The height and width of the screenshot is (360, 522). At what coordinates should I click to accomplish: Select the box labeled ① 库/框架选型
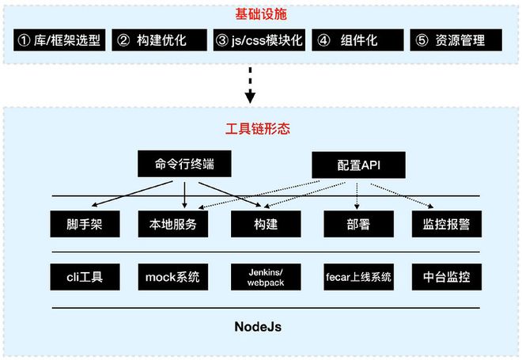coord(60,40)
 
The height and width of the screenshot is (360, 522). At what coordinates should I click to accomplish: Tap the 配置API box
coord(358,165)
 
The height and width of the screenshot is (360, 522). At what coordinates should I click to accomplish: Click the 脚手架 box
coord(81,224)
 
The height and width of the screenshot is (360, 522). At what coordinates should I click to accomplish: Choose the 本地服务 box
coord(172,224)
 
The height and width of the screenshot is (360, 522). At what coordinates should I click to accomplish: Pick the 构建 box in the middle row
coord(265,224)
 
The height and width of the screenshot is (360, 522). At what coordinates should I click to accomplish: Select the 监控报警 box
coord(441,224)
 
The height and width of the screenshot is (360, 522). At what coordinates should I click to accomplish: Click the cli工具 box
coord(81,277)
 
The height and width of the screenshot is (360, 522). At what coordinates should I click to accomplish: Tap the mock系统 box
coord(172,277)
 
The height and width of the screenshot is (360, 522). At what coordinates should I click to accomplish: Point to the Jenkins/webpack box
coord(265,277)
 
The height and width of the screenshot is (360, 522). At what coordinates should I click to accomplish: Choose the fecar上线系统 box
coord(358,277)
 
